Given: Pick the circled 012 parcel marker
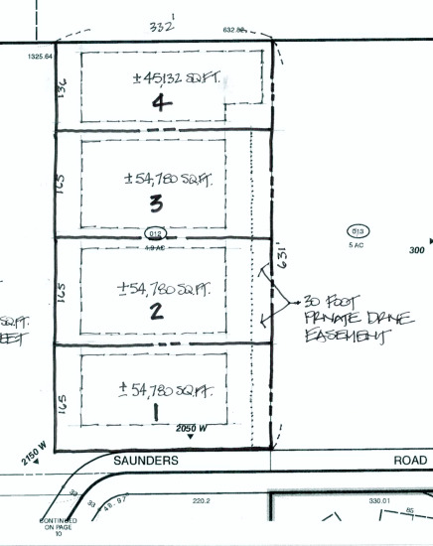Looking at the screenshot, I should [x=154, y=233].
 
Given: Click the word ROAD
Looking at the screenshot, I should [x=411, y=461].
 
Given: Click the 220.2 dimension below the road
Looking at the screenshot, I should [x=203, y=502].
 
